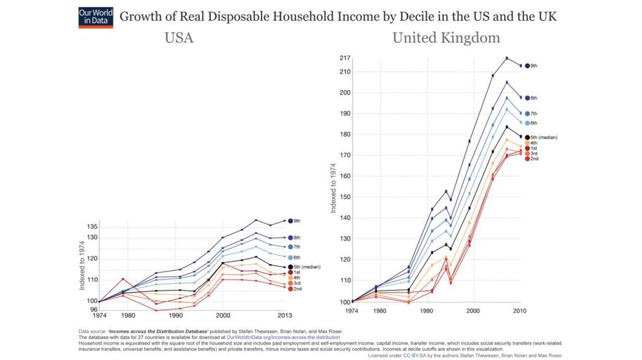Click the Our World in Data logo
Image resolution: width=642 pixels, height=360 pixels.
tap(96, 17)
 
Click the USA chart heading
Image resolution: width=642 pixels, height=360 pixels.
tap(179, 38)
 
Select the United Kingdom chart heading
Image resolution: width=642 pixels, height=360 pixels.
tap(446, 38)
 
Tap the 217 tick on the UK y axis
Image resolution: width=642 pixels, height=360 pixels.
tap(344, 58)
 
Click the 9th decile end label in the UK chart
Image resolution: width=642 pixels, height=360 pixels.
tap(535, 66)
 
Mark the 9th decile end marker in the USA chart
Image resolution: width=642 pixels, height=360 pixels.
tap(290, 220)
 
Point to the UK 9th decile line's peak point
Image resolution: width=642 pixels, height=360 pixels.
tap(507, 58)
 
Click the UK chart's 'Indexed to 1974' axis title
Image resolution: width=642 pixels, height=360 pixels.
tap(334, 182)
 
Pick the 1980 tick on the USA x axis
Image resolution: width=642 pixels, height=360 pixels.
tap(128, 316)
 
